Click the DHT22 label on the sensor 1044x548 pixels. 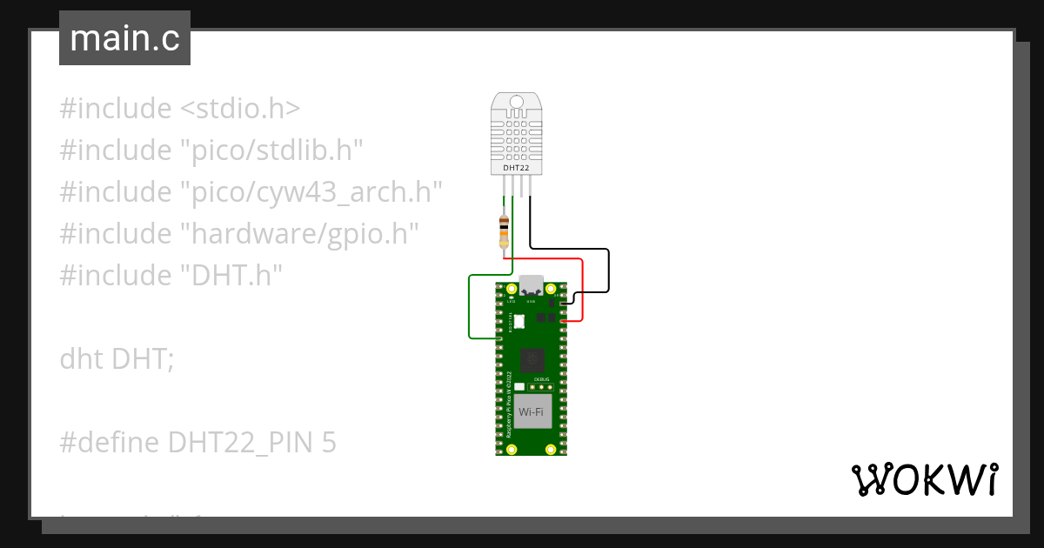click(516, 166)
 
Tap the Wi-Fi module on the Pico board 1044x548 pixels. click(532, 411)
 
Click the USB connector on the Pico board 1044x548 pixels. click(531, 286)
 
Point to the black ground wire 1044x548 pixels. click(608, 269)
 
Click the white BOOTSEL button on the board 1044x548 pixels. click(519, 322)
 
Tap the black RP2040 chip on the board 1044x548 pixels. click(532, 359)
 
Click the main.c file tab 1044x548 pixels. click(124, 38)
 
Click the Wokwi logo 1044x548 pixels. click(924, 479)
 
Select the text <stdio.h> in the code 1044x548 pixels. click(240, 109)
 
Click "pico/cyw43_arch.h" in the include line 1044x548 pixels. click(311, 192)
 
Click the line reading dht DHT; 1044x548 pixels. click(117, 358)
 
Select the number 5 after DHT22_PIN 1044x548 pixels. click(328, 443)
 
